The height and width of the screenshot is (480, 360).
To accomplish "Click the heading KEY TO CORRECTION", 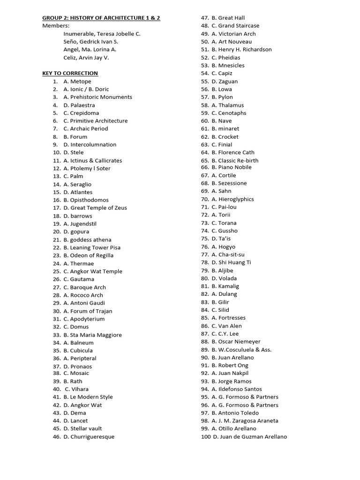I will point(70,73).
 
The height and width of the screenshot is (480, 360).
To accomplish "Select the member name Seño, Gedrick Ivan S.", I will point(90,42).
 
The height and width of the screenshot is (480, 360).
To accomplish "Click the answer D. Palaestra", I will point(79,105).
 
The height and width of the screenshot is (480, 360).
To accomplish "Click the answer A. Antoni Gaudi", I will point(84,303).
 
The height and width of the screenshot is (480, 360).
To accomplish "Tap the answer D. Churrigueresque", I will point(89,436).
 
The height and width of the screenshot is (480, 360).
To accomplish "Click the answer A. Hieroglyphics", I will point(232,199).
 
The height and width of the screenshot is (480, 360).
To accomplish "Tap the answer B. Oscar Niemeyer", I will point(236,342).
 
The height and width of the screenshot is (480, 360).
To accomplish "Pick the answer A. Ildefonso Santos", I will point(237,389).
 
